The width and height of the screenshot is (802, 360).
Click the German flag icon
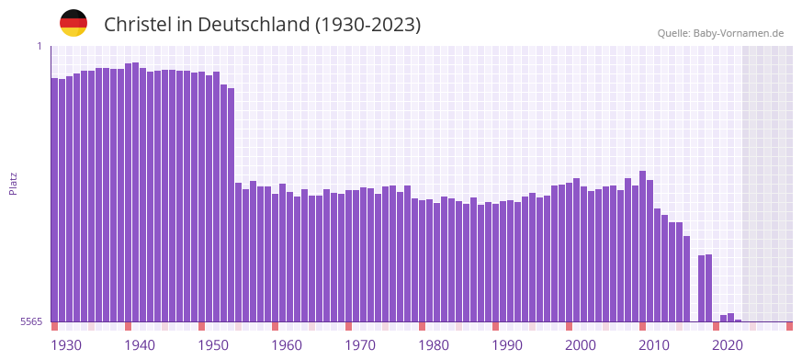click(73, 24)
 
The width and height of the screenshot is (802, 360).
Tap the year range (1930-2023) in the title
click(367, 25)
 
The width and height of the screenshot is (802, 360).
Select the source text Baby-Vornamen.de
click(739, 34)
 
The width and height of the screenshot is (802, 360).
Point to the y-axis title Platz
click(13, 183)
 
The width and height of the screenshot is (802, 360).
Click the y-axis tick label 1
click(39, 46)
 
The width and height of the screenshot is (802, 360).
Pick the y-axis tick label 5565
click(31, 321)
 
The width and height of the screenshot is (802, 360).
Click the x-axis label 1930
click(66, 345)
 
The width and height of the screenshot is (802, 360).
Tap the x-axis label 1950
click(213, 345)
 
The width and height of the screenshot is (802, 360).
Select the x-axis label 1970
click(360, 345)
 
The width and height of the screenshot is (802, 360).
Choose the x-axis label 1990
click(507, 345)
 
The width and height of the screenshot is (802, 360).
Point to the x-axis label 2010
click(654, 345)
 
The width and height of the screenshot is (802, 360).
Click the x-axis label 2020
click(728, 345)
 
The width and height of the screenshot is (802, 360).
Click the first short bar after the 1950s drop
click(238, 253)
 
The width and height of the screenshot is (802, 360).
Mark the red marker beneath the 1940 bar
click(128, 326)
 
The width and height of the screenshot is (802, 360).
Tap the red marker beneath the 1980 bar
click(422, 326)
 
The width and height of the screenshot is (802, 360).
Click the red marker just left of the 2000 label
click(569, 326)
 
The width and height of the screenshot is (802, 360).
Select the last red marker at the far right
click(789, 326)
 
